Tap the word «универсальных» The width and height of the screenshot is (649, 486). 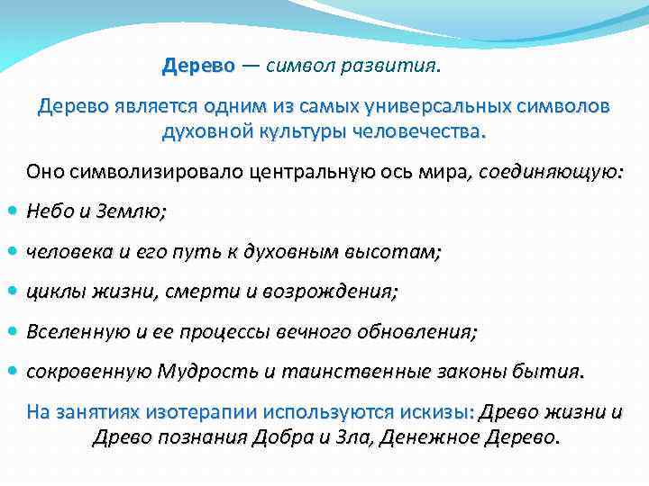pos(441,106)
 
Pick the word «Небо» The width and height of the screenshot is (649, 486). pos(48,212)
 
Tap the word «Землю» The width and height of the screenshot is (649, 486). pos(135,212)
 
